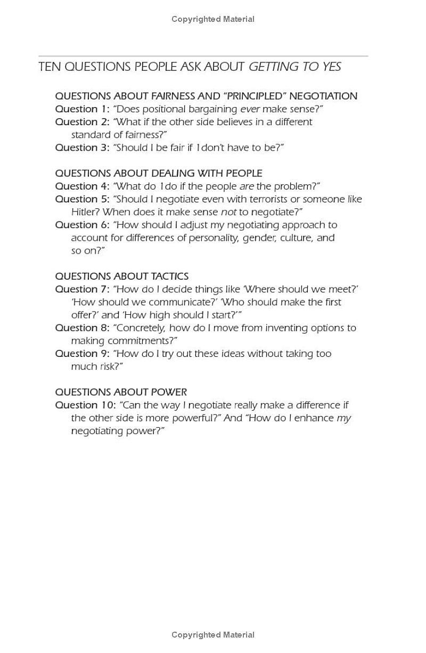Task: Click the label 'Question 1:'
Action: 82,109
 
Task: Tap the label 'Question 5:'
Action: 82,199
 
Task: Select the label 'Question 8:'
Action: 82,328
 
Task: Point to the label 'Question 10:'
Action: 85,405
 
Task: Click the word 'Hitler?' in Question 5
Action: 85,212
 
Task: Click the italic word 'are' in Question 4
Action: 246,186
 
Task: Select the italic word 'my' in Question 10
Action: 344,418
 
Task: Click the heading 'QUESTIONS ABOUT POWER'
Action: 121,392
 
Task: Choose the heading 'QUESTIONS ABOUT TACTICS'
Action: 122,276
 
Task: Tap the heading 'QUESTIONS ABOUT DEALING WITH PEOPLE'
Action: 159,174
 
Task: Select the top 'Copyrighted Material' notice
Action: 213,19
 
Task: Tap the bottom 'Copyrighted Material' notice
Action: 213,635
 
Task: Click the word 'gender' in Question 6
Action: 258,238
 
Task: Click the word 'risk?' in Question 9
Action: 111,366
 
